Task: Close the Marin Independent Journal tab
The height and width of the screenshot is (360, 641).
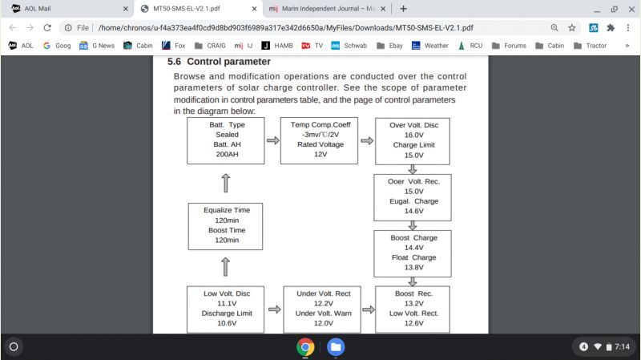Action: (383, 9)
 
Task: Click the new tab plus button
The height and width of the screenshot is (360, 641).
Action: (403, 9)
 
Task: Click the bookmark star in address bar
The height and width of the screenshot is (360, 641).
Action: (571, 28)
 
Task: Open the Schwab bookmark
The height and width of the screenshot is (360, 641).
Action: (349, 46)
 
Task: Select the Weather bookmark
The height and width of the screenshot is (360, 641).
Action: (429, 46)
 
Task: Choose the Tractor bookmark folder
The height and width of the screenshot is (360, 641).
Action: (590, 46)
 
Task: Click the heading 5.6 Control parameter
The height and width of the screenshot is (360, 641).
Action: (219, 62)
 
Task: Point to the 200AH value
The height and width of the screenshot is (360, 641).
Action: (227, 154)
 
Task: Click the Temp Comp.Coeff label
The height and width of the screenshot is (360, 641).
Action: (320, 124)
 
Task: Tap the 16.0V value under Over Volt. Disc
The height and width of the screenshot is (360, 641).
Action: (413, 135)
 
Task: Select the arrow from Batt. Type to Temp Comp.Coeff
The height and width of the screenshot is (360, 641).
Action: (273, 140)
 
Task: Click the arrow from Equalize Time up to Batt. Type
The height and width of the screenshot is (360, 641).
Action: (226, 183)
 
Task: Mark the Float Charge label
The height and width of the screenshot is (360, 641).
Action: (413, 257)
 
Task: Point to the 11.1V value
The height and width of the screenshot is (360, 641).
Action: (227, 304)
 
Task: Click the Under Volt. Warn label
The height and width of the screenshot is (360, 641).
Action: (324, 313)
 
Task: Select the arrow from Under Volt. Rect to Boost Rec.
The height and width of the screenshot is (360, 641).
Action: (369, 309)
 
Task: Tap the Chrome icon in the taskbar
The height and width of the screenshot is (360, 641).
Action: (305, 347)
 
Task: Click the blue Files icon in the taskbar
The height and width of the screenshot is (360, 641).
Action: (336, 347)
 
